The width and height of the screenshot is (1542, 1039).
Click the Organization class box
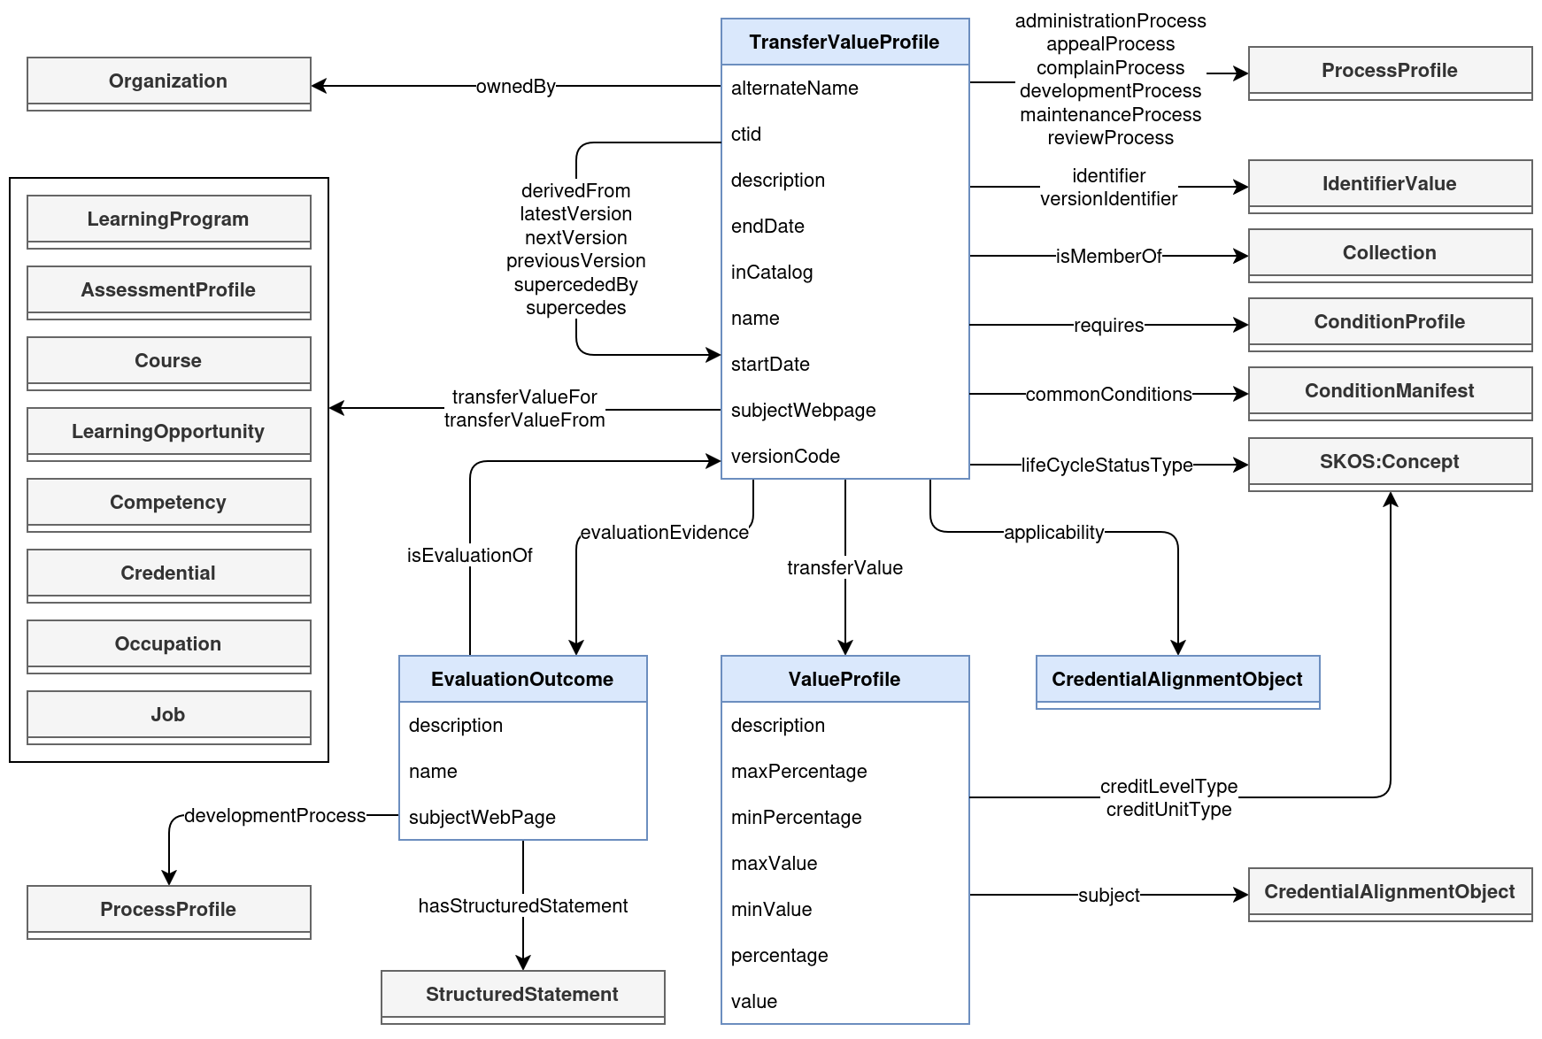[168, 82]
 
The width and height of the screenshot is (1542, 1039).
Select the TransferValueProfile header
[844, 42]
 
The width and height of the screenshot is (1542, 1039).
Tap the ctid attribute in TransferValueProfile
[746, 135]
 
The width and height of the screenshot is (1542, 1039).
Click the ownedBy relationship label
[515, 87]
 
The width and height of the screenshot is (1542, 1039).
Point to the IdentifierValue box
[1389, 185]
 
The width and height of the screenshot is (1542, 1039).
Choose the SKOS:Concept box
[1389, 463]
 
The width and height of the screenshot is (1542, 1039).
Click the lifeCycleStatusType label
[1106, 466]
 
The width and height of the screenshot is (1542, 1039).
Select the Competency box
[168, 504]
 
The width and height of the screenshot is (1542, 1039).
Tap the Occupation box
[168, 645]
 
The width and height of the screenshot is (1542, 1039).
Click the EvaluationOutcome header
[522, 680]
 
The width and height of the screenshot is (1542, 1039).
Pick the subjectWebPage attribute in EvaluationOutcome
[482, 818]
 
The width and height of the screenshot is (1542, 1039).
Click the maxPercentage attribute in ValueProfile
[798, 772]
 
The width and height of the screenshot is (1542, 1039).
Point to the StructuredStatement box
[522, 996]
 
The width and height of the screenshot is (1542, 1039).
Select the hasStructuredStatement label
[522, 906]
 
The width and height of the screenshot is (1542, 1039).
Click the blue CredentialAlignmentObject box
[1177, 681]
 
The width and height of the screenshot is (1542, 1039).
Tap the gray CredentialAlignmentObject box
[1389, 893]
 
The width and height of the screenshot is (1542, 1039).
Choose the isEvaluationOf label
[469, 556]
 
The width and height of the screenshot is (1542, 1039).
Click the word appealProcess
[1110, 44]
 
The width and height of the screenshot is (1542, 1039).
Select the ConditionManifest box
[1389, 392]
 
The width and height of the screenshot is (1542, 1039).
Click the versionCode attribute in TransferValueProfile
[785, 457]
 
